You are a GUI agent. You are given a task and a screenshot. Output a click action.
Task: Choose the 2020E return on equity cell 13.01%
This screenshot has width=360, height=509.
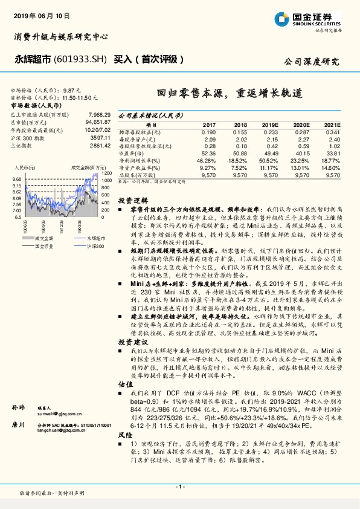[x=300, y=167]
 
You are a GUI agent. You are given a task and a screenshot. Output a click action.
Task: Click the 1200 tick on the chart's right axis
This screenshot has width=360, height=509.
[x=106, y=174]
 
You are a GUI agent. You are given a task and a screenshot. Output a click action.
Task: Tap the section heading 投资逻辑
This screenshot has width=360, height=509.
[x=130, y=199]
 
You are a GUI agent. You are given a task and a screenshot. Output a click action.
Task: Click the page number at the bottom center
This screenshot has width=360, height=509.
[x=179, y=487]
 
